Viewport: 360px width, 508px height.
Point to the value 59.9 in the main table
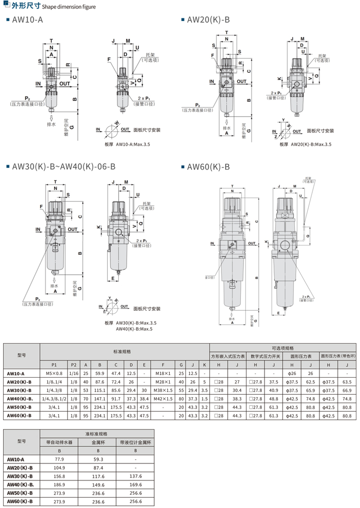coord(100,373)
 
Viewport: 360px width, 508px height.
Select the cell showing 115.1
coord(100,390)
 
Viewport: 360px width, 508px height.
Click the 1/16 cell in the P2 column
coord(73,373)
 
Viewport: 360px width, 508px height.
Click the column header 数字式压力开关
coord(265,356)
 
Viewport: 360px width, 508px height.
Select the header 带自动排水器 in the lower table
coord(59,442)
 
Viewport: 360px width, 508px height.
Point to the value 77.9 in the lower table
coord(59,459)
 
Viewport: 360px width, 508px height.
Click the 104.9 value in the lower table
coord(59,468)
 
